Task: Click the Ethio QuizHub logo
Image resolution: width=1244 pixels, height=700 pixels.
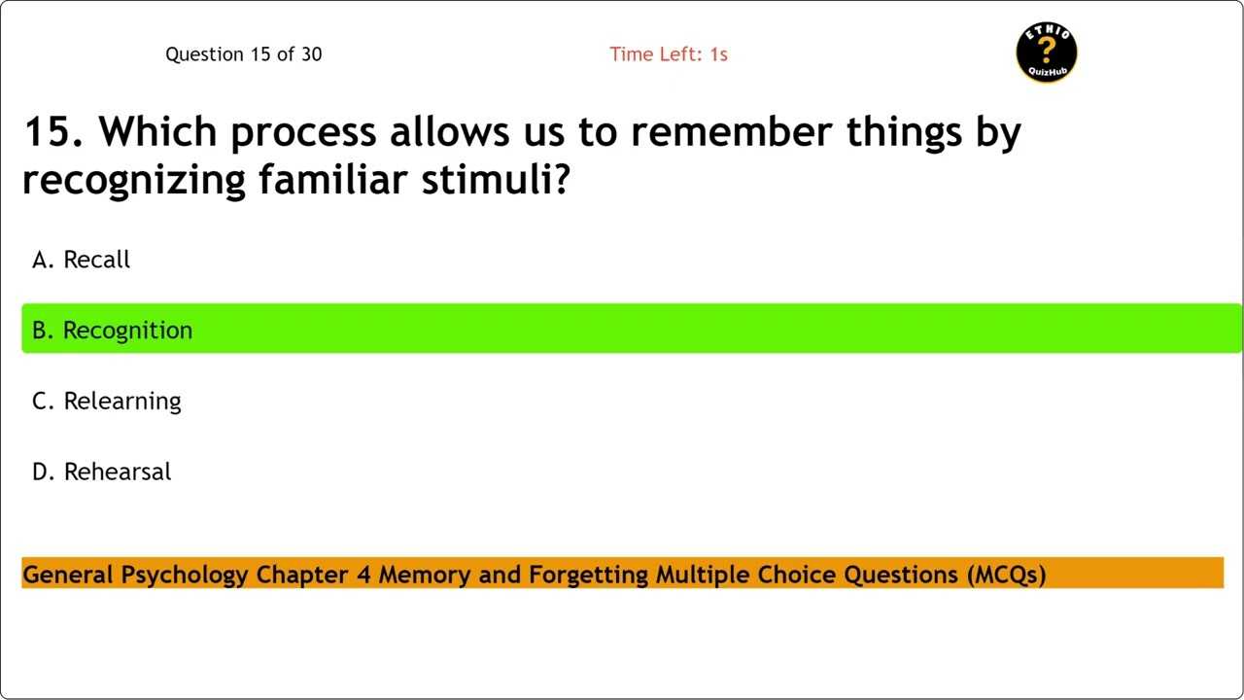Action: tap(1047, 52)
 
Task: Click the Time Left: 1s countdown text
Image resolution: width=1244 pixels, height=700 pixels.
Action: tap(669, 54)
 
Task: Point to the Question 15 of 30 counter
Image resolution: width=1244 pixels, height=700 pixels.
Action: tap(243, 54)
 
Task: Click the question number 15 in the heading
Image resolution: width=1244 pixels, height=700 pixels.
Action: tap(47, 132)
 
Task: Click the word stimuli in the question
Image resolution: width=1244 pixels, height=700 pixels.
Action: tap(495, 180)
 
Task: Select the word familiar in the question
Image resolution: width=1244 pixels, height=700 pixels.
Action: tap(332, 180)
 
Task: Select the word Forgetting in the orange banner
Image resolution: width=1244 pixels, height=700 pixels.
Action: tap(588, 575)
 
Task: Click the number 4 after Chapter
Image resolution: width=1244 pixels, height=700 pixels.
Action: tap(363, 575)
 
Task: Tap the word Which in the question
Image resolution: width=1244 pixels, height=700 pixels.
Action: tap(159, 132)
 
